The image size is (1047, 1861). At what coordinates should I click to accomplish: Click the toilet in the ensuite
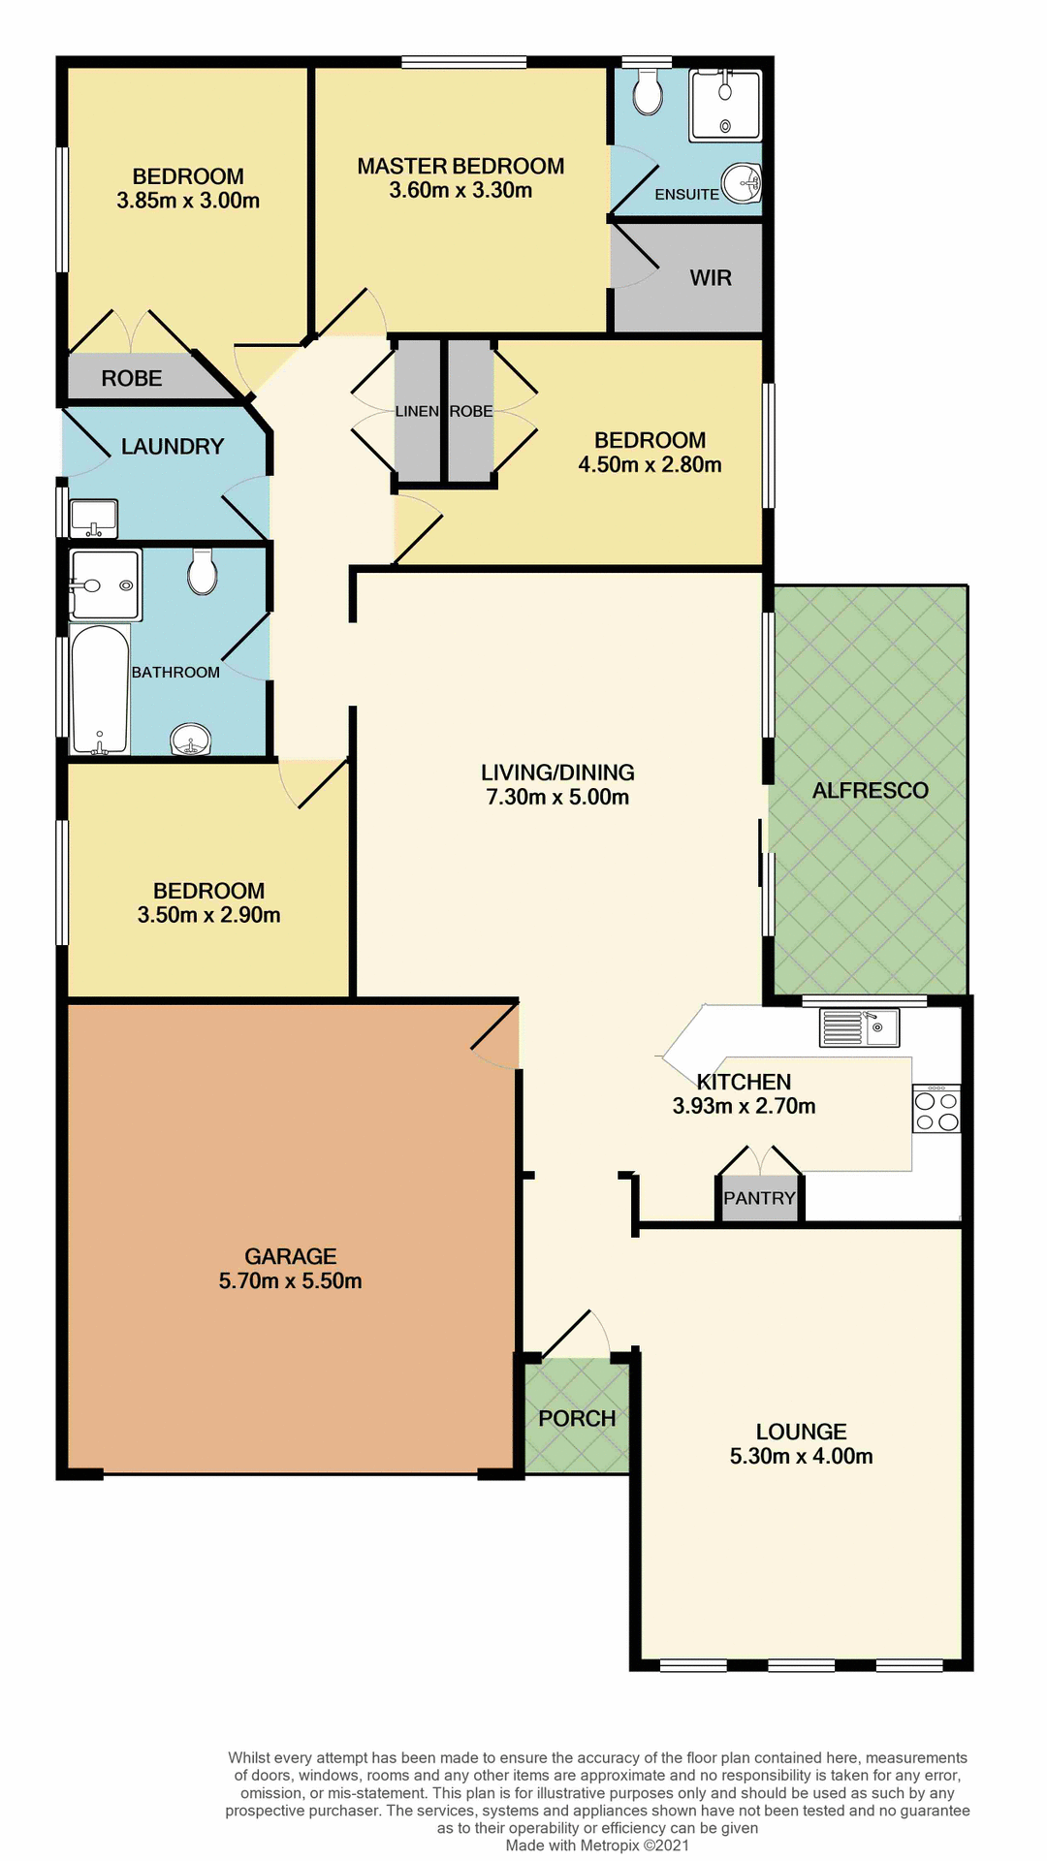click(648, 93)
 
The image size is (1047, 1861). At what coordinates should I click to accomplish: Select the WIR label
click(711, 278)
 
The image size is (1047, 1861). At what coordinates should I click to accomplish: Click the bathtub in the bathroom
click(100, 689)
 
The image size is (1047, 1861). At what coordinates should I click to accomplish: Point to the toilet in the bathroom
click(203, 572)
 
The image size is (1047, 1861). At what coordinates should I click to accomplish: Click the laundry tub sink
click(93, 518)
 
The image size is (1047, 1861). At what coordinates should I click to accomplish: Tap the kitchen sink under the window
click(860, 1027)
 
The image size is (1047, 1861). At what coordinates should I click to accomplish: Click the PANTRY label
click(759, 1198)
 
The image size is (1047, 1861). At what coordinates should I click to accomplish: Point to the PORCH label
click(577, 1418)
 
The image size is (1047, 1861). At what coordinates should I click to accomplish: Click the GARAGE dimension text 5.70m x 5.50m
click(290, 1280)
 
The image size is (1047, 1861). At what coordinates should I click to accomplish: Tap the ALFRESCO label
click(870, 790)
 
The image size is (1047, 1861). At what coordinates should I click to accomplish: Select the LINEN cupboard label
click(417, 411)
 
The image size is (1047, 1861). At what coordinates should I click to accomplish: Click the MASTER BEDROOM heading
click(460, 166)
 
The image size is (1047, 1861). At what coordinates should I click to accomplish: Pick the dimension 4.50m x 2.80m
click(650, 464)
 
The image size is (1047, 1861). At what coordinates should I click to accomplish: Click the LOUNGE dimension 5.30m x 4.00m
click(801, 1456)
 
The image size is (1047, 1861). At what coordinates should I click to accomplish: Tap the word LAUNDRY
click(173, 446)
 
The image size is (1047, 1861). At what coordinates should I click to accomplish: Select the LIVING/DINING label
click(557, 773)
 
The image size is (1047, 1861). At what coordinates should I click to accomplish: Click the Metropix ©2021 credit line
click(597, 1845)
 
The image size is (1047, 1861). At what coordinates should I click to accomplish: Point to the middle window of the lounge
click(801, 1665)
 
